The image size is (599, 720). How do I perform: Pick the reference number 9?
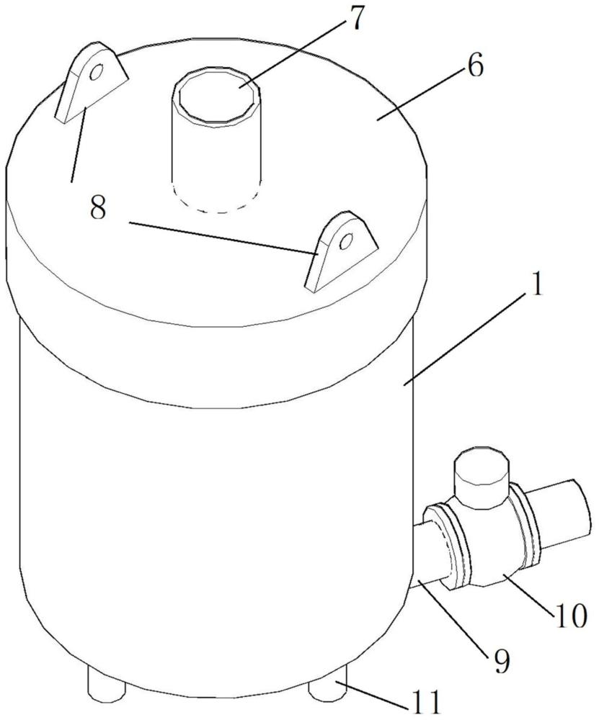pyautogui.click(x=502, y=658)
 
